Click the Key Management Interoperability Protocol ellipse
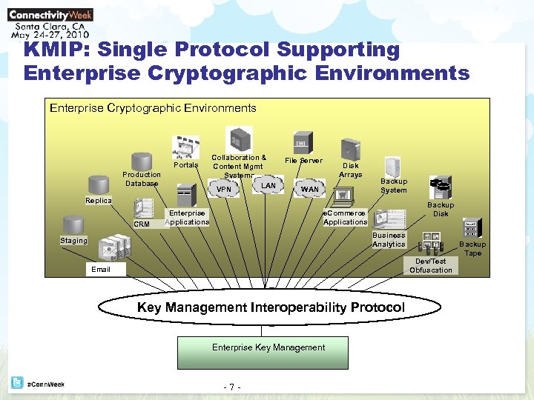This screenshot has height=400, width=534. coord(271,307)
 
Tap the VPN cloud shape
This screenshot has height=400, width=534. coord(224,190)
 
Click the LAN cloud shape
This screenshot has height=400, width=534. coord(268,185)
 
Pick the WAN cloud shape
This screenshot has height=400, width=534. coord(310,190)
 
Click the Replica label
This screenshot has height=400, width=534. coord(99,201)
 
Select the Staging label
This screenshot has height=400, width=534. coord(73,241)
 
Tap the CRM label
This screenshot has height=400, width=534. coord(141,224)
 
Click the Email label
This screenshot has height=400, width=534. coord(101,270)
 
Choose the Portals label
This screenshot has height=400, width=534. coord(185,165)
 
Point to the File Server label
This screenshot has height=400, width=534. coord(304,161)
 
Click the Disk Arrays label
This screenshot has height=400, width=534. coord(350,170)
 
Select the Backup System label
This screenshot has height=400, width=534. coord(394,185)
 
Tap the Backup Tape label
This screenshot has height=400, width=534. coord(472,248)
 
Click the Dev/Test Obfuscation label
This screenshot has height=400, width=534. coord(431,265)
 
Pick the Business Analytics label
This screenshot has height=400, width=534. coord(389,239)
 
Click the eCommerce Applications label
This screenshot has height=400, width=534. coord(345,218)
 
